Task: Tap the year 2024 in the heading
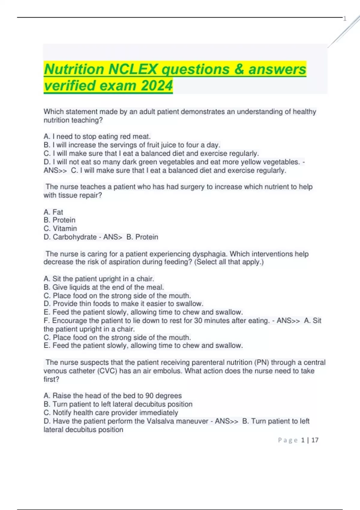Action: tap(157, 85)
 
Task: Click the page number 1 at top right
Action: tap(345, 19)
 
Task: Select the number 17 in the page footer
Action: tap(315, 440)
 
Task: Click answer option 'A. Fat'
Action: tap(53, 212)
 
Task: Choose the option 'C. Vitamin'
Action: tap(60, 229)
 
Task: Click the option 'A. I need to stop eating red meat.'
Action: tap(97, 136)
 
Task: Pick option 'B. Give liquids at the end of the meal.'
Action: tap(104, 287)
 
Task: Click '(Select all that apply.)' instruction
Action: tap(229, 262)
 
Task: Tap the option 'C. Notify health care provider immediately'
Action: tap(111, 412)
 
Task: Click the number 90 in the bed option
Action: tap(149, 396)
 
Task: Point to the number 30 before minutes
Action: tap(198, 321)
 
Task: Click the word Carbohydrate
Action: tap(74, 237)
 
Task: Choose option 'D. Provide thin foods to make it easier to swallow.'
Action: tap(123, 304)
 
